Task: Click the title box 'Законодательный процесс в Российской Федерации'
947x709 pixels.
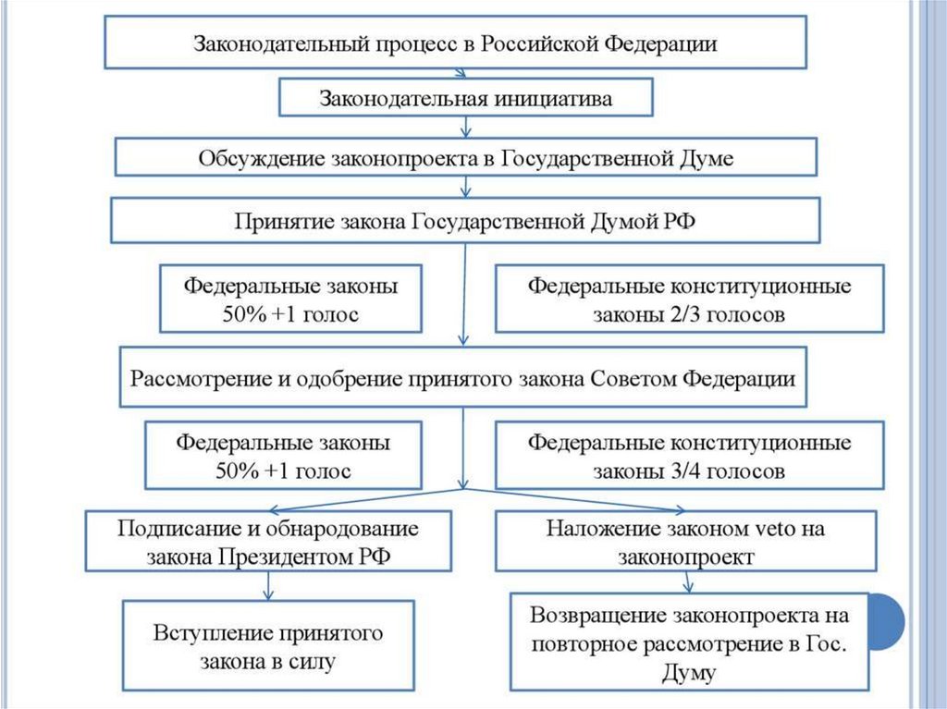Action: click(455, 43)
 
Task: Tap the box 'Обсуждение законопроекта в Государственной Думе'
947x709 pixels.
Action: click(465, 157)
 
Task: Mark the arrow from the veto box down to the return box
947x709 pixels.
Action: click(687, 581)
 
